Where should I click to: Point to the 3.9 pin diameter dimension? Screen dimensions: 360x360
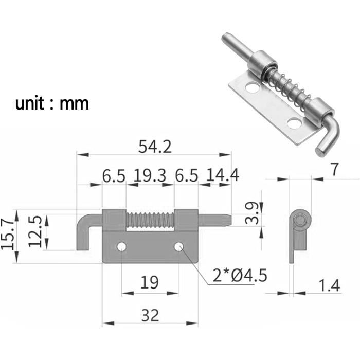coord(252,213)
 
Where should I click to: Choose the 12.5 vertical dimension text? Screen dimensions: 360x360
coord(34,232)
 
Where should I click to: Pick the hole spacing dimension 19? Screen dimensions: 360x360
coord(150,282)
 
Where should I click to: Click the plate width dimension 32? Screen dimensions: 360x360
coord(150,315)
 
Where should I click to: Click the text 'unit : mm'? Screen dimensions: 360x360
coord(52,103)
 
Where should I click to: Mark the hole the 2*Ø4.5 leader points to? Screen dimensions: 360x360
coord(178,247)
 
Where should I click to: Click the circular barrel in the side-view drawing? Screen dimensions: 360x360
coord(300,220)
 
